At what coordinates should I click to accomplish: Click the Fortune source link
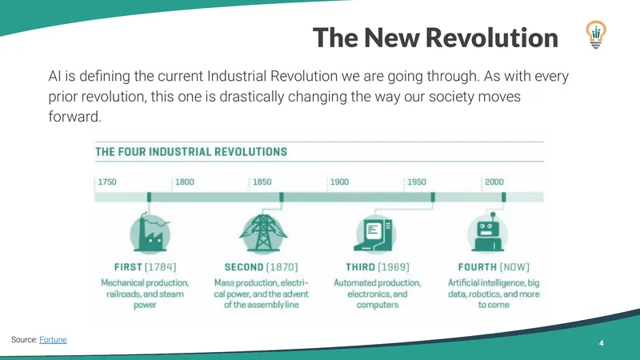click(53, 339)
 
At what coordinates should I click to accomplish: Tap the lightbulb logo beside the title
click(596, 34)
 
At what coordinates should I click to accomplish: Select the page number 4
click(602, 343)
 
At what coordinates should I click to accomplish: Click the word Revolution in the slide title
click(491, 38)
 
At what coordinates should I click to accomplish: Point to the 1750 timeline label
click(107, 182)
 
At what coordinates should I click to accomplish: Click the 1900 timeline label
click(339, 182)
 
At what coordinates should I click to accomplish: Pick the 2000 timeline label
click(494, 182)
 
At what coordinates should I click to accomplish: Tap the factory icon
click(150, 234)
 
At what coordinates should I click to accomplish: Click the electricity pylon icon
click(263, 233)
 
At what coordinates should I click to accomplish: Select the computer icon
click(374, 234)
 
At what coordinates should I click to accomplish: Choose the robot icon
click(488, 233)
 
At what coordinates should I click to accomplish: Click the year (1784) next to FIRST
click(160, 267)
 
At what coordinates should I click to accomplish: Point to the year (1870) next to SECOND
click(282, 267)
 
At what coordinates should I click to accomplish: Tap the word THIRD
click(360, 267)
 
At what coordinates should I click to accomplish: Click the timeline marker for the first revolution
click(149, 197)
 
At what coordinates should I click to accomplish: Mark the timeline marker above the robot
click(504, 197)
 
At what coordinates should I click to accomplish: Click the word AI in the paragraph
click(54, 76)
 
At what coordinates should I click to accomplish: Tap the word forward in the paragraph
click(74, 117)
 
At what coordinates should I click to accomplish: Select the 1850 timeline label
click(262, 182)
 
